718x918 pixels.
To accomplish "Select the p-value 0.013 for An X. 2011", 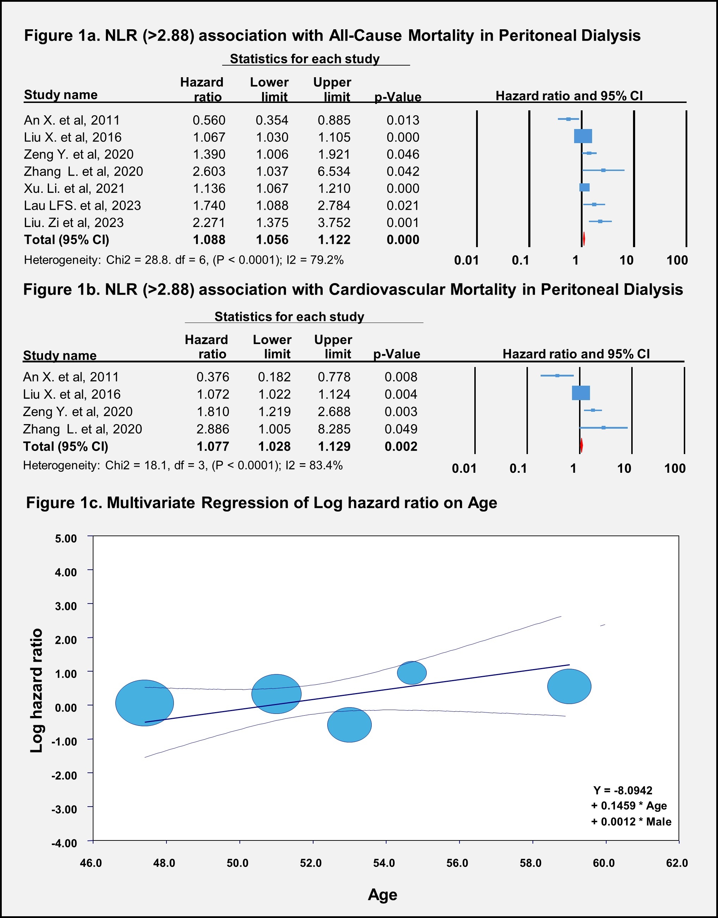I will pyautogui.click(x=403, y=120).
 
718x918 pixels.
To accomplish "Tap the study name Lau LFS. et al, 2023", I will pyautogui.click(x=83, y=206).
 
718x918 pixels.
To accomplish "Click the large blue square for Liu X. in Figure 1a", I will pyautogui.click(x=583, y=136).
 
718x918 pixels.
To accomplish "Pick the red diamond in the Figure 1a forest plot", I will pyautogui.click(x=584, y=239).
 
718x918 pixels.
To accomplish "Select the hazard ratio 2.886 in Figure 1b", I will pyautogui.click(x=213, y=429).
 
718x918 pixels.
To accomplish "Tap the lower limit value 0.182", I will pyautogui.click(x=274, y=377).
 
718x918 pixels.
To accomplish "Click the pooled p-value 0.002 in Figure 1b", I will pyautogui.click(x=401, y=446).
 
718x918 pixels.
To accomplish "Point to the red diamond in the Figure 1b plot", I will pyautogui.click(x=582, y=446).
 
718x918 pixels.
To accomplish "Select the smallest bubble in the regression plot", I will pyautogui.click(x=412, y=673).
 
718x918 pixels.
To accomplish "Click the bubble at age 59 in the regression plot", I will pyautogui.click(x=569, y=686).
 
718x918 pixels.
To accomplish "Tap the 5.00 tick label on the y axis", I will pyautogui.click(x=66, y=538).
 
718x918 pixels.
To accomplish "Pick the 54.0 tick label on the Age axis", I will pyautogui.click(x=384, y=863).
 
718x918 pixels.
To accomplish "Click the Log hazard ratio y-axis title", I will pyautogui.click(x=37, y=691).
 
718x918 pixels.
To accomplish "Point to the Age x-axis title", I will pyautogui.click(x=383, y=894).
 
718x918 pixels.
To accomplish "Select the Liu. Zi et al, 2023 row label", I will pyautogui.click(x=74, y=223).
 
